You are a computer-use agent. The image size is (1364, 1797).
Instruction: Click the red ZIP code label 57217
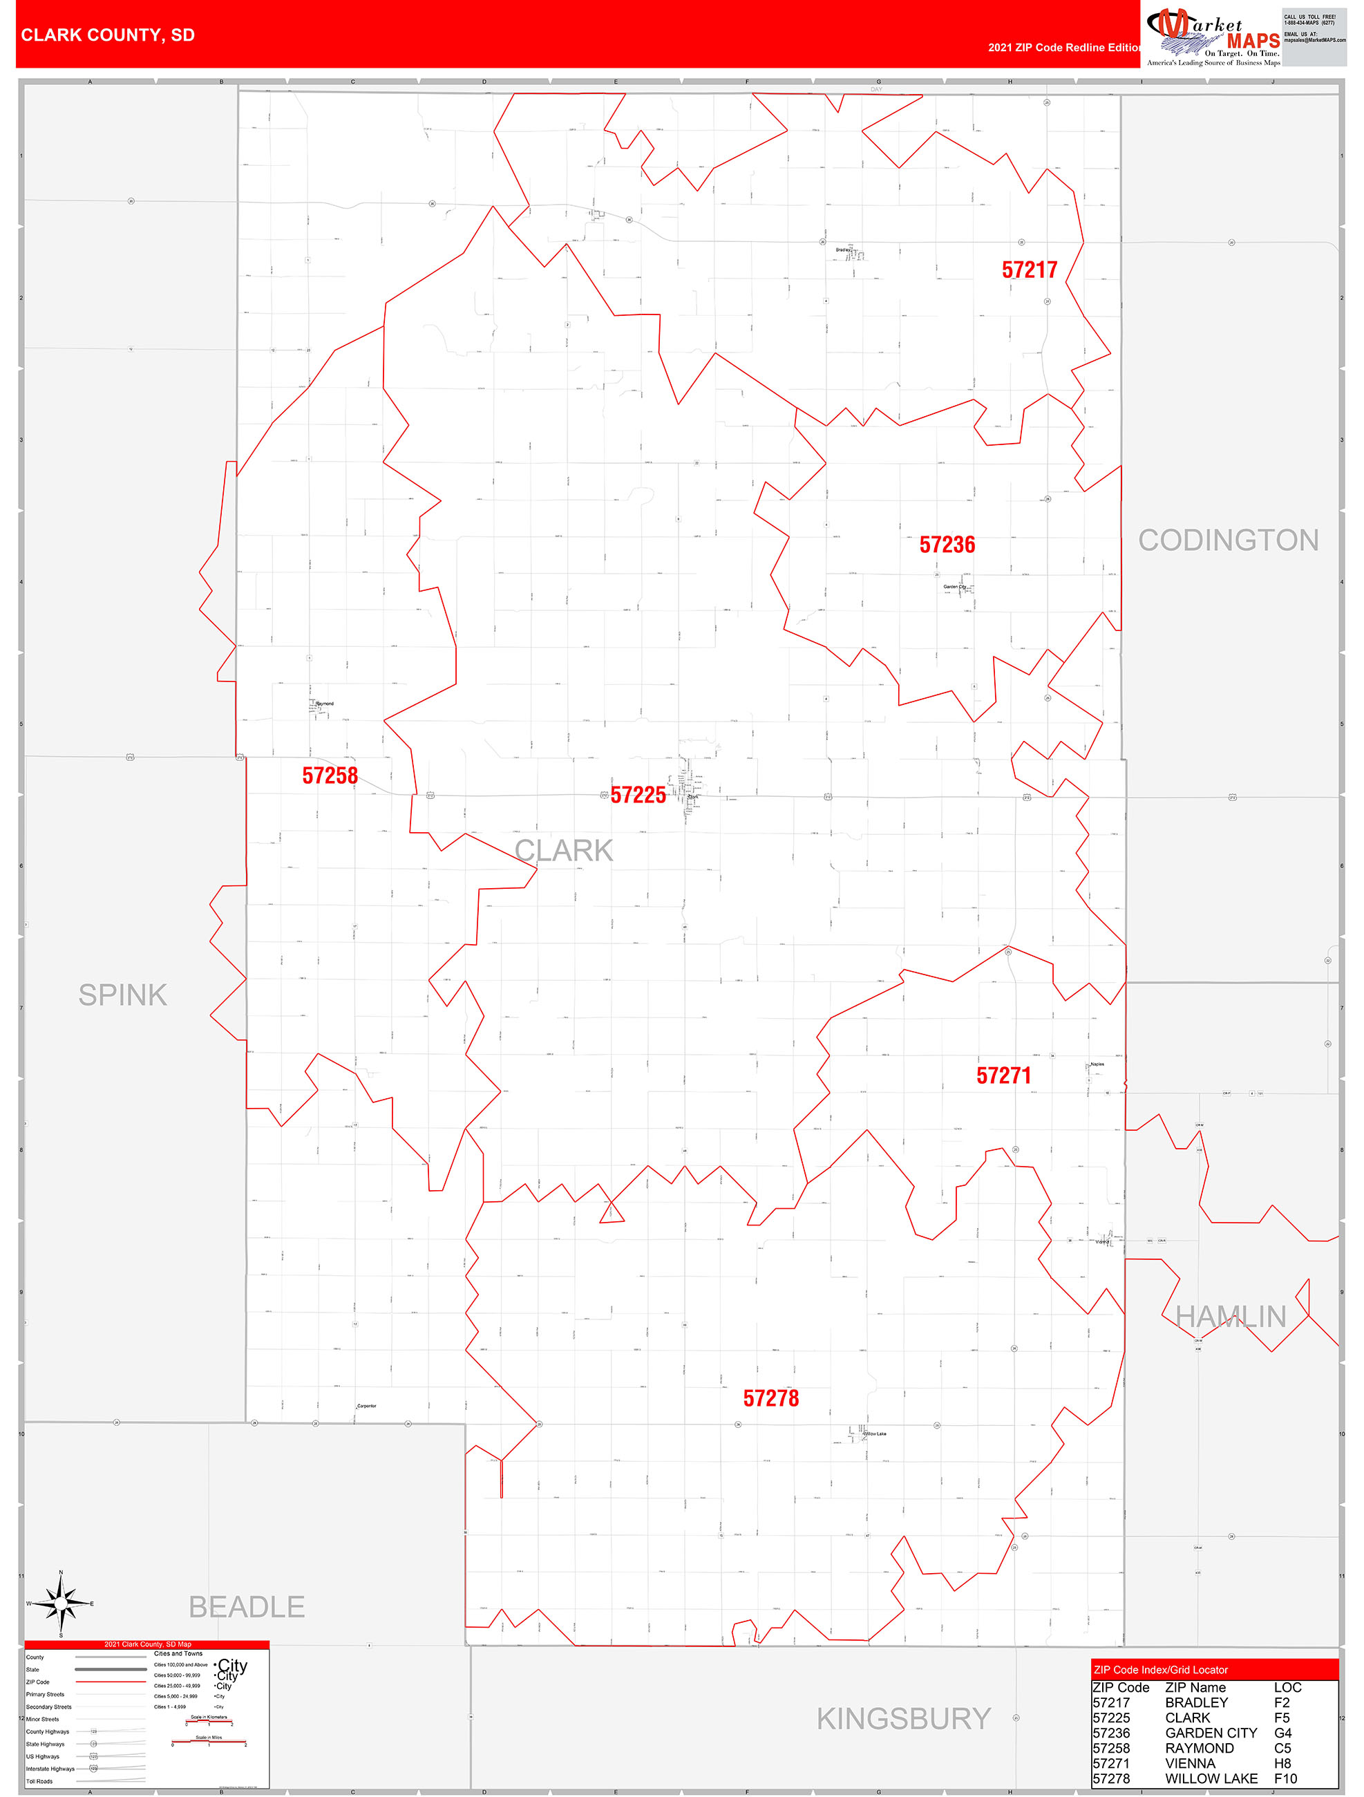point(1030,270)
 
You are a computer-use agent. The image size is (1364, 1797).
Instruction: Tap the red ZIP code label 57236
point(947,545)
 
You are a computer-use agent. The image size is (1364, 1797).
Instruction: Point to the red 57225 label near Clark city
point(638,795)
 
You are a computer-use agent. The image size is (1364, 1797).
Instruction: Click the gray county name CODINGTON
point(1227,540)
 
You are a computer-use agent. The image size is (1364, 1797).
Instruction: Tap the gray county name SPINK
point(123,995)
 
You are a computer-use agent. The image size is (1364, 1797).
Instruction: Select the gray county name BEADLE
point(246,1606)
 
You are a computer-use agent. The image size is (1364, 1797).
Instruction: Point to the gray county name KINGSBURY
point(903,1718)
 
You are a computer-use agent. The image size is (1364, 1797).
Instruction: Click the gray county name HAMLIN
point(1230,1317)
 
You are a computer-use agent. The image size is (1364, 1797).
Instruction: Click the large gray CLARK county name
point(564,851)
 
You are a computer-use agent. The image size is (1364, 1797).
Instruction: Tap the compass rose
point(61,1603)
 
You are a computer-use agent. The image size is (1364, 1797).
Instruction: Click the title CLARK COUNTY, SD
point(108,35)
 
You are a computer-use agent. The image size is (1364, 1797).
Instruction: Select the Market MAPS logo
point(1213,36)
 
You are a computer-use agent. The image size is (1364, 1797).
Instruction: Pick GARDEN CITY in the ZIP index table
point(1211,1733)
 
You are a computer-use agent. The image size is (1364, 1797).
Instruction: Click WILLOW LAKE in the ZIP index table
point(1211,1778)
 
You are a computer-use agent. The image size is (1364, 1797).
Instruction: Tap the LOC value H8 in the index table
point(1282,1763)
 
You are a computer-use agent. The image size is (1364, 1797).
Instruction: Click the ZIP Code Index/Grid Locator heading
point(1160,1669)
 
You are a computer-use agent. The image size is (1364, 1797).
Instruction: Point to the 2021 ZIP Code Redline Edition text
point(1064,47)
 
